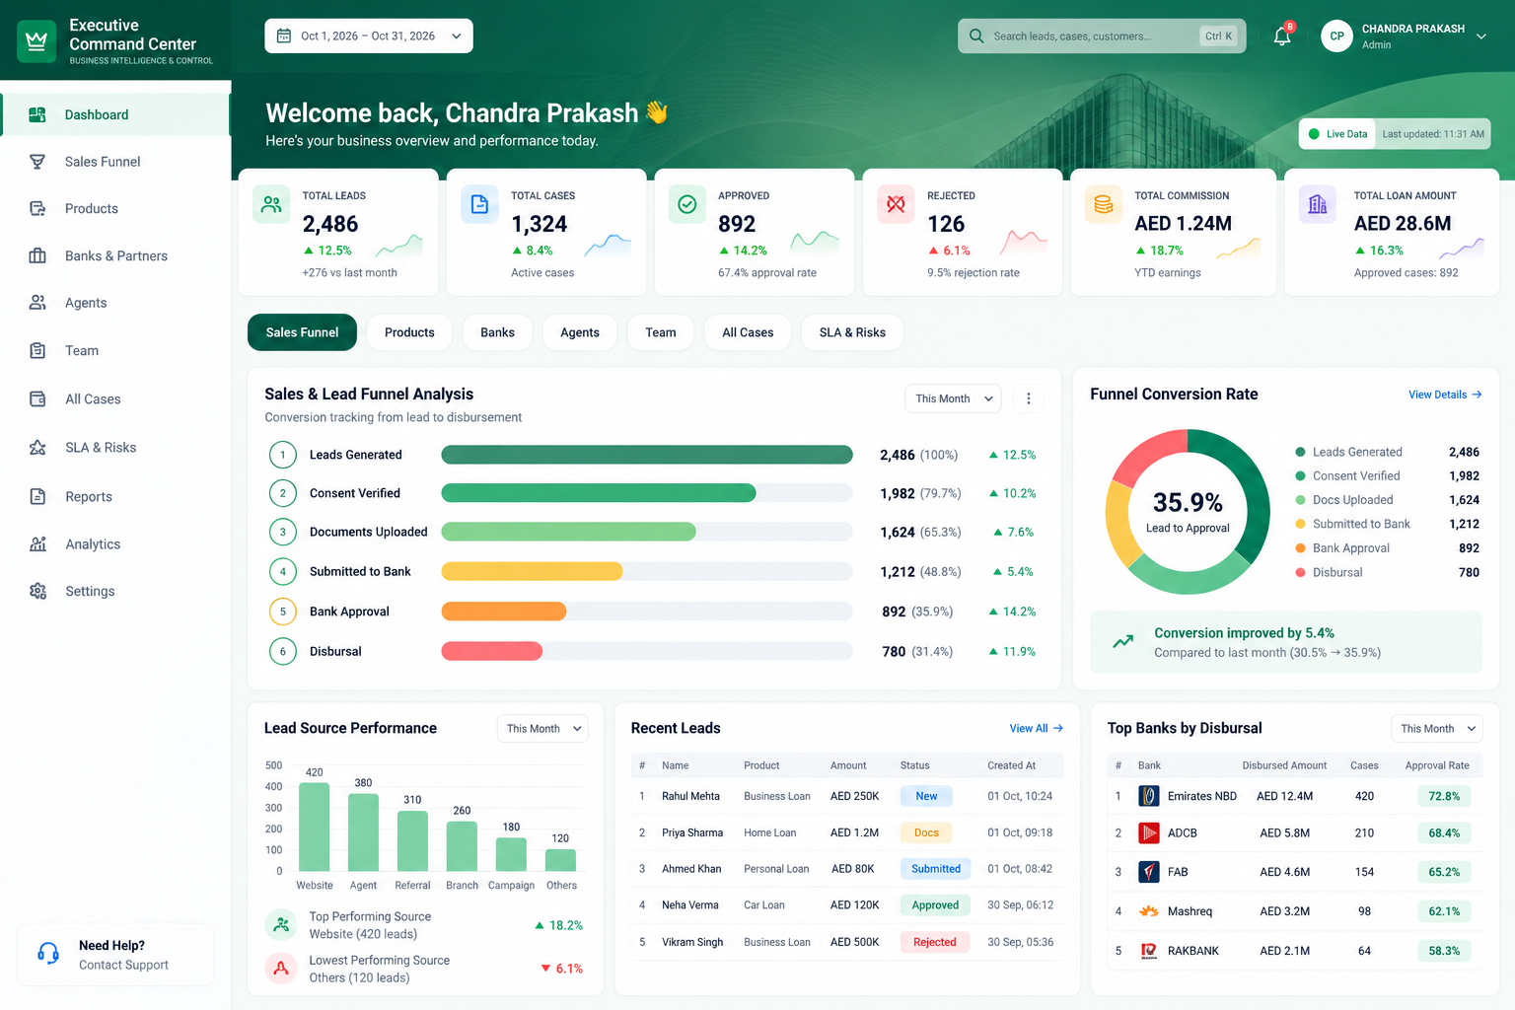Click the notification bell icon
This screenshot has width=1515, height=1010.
click(x=1281, y=36)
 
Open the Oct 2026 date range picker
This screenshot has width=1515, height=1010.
click(x=369, y=36)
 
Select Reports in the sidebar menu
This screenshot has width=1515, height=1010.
click(x=89, y=496)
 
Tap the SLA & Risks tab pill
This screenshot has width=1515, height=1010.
click(x=852, y=332)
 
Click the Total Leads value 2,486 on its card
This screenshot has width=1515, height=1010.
click(x=330, y=223)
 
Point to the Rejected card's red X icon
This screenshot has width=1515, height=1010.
click(x=896, y=203)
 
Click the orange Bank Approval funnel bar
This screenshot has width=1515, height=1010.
click(x=504, y=612)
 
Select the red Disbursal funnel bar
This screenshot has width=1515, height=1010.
click(x=492, y=651)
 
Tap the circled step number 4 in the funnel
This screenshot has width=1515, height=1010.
click(x=283, y=572)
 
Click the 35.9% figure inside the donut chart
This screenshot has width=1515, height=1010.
click(x=1188, y=503)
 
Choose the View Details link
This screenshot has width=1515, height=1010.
click(x=1445, y=395)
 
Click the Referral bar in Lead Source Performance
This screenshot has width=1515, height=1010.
click(x=412, y=841)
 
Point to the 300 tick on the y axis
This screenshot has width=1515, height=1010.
click(x=274, y=808)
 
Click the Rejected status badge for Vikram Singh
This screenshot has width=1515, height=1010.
click(x=935, y=942)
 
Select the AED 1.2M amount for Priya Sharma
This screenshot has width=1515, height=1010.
click(x=854, y=832)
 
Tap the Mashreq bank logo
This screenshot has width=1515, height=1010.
click(x=1148, y=911)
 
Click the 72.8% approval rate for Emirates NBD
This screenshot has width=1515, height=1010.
click(x=1444, y=796)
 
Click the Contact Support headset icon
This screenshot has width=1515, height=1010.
click(x=48, y=954)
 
